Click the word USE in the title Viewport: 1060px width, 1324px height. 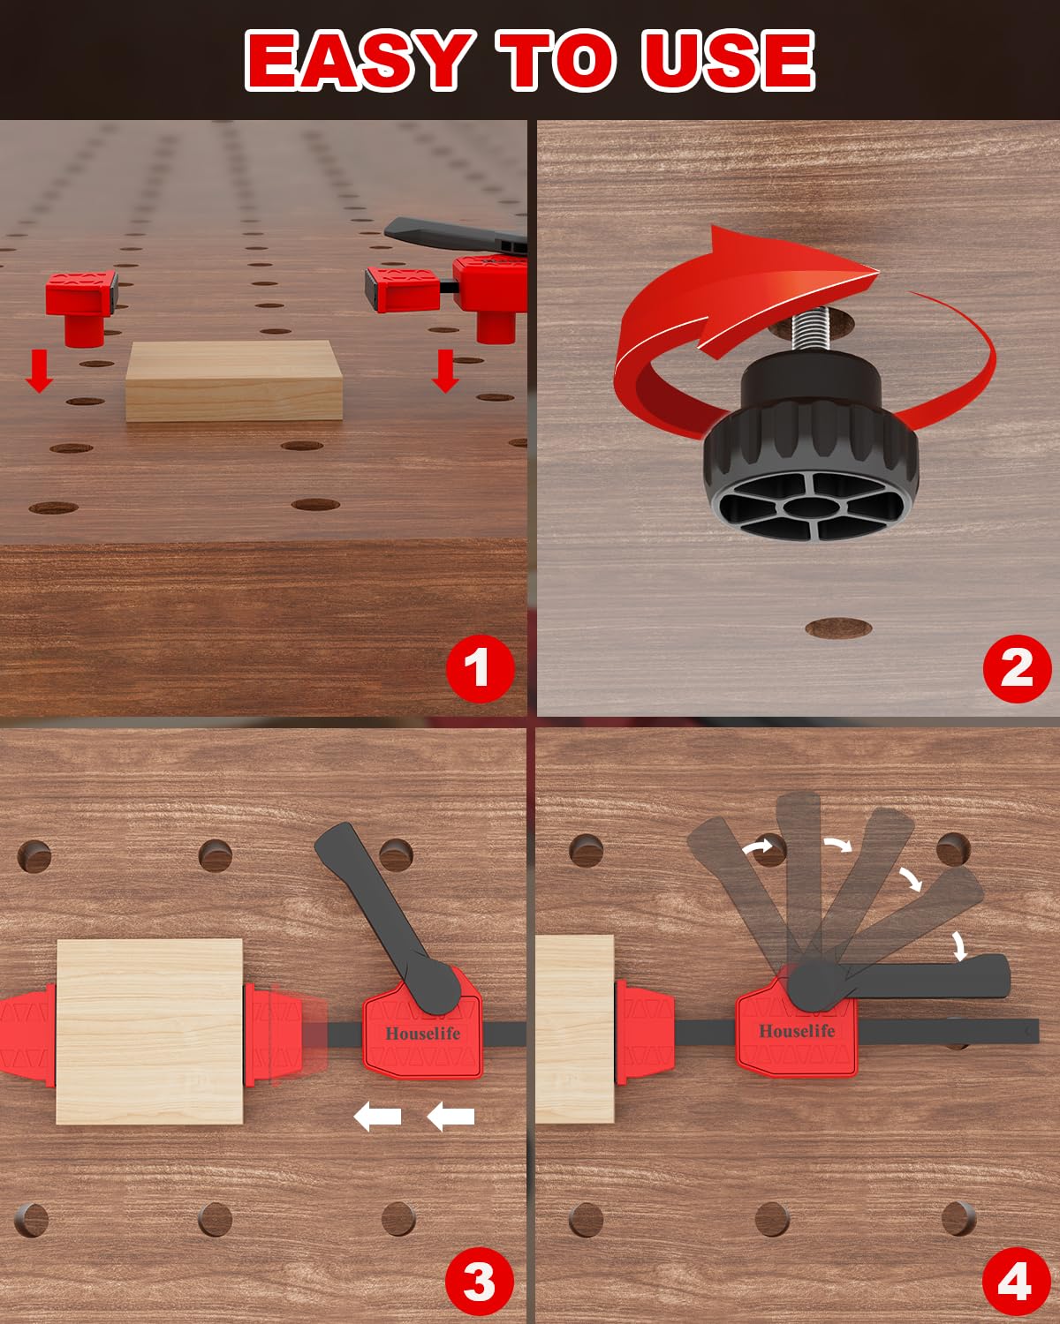pos(727,59)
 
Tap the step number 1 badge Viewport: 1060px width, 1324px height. pos(478,666)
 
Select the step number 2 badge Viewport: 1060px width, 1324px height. pos(1017,666)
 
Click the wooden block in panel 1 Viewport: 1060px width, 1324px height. pos(234,381)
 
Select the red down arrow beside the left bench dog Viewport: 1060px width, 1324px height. pos(38,370)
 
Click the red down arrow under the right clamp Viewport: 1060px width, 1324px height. pos(445,370)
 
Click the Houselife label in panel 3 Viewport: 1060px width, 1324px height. pos(422,1034)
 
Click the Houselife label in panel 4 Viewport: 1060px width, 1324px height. pos(797,1031)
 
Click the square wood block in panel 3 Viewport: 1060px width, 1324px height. pos(149,1031)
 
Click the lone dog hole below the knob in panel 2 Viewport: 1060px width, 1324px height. pos(838,628)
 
